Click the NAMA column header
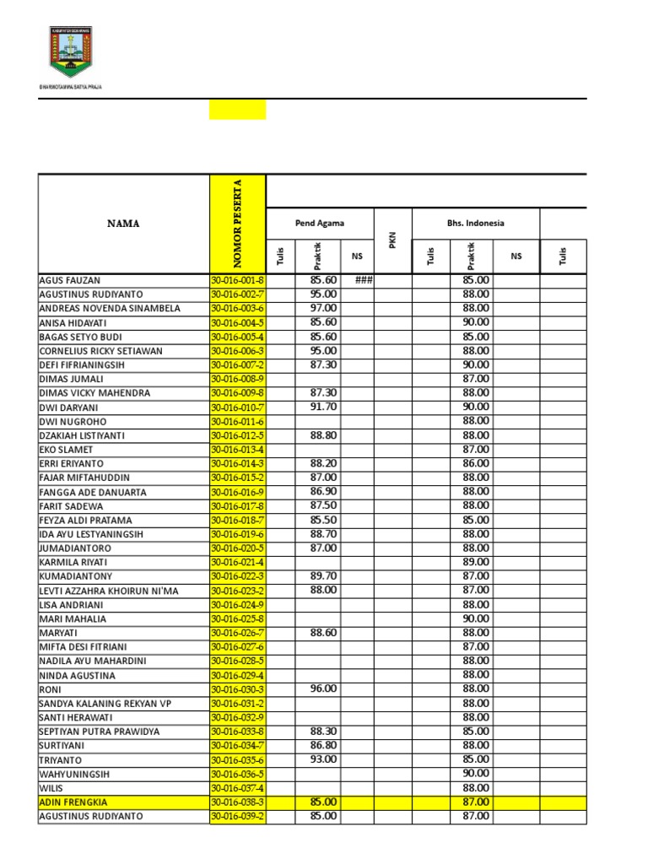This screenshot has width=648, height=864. [123, 224]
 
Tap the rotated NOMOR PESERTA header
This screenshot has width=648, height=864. [237, 224]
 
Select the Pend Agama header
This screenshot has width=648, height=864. [319, 223]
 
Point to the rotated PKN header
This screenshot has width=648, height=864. [392, 241]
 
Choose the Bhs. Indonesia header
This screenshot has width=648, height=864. [476, 223]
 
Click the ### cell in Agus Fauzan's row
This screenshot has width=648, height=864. [364, 280]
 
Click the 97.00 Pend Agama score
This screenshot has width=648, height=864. [323, 308]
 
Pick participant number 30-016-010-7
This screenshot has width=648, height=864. [237, 408]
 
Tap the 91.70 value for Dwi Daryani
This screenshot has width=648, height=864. [323, 407]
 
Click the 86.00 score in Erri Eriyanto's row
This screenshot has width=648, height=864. [476, 463]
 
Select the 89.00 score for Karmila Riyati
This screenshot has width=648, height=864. [476, 562]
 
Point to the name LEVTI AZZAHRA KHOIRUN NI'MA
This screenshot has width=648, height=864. [109, 591]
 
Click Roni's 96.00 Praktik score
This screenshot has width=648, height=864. [323, 688]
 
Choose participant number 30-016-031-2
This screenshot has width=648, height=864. [237, 704]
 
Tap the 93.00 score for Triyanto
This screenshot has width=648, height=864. [323, 759]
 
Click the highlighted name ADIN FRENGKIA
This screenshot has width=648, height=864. [73, 802]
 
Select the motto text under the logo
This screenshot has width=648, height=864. [71, 86]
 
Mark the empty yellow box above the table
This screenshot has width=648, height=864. [237, 110]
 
